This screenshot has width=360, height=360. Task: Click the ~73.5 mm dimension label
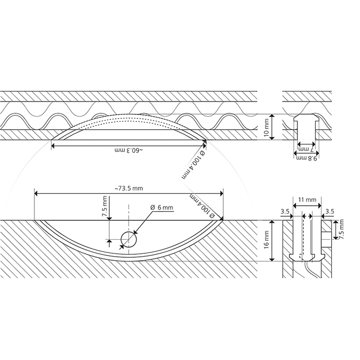tap(129, 189)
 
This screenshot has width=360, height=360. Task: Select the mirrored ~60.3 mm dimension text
tap(129, 150)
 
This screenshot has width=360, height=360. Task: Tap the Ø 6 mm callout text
tap(162, 207)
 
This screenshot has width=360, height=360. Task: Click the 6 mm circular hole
tap(129, 240)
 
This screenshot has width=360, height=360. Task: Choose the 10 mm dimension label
tap(266, 128)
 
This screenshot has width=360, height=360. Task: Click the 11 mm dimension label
tap(307, 200)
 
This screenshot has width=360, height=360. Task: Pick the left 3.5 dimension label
tap(285, 211)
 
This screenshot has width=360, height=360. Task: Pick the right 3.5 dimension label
tap(330, 211)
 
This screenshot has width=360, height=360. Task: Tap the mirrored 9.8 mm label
tap(306, 158)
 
